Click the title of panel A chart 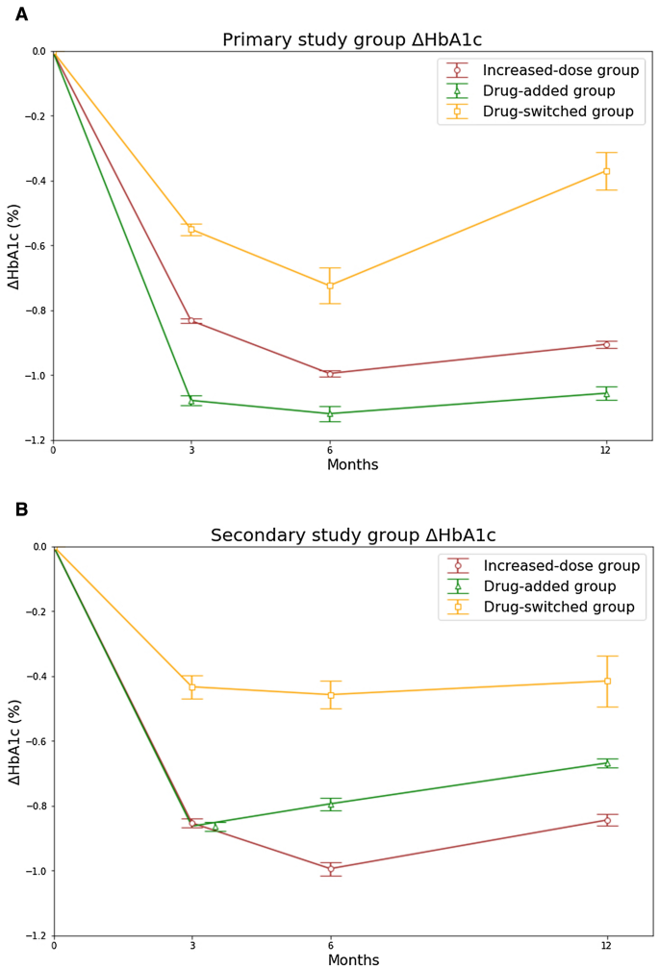(x=352, y=40)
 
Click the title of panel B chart (x=353, y=535)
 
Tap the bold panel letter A (x=21, y=14)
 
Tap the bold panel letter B (x=21, y=509)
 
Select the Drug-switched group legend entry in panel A (x=558, y=112)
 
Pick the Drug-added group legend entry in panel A (x=548, y=91)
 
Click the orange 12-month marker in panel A (x=606, y=171)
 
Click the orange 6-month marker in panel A (x=330, y=285)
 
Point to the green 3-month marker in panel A (x=191, y=401)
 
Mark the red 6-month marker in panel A (x=330, y=374)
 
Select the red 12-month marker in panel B (x=607, y=820)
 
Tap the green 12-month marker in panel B (x=607, y=763)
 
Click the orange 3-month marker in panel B (x=191, y=686)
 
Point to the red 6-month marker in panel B (x=331, y=868)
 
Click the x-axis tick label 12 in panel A (x=606, y=450)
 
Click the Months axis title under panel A (x=352, y=465)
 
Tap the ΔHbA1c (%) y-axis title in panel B (x=14, y=742)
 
